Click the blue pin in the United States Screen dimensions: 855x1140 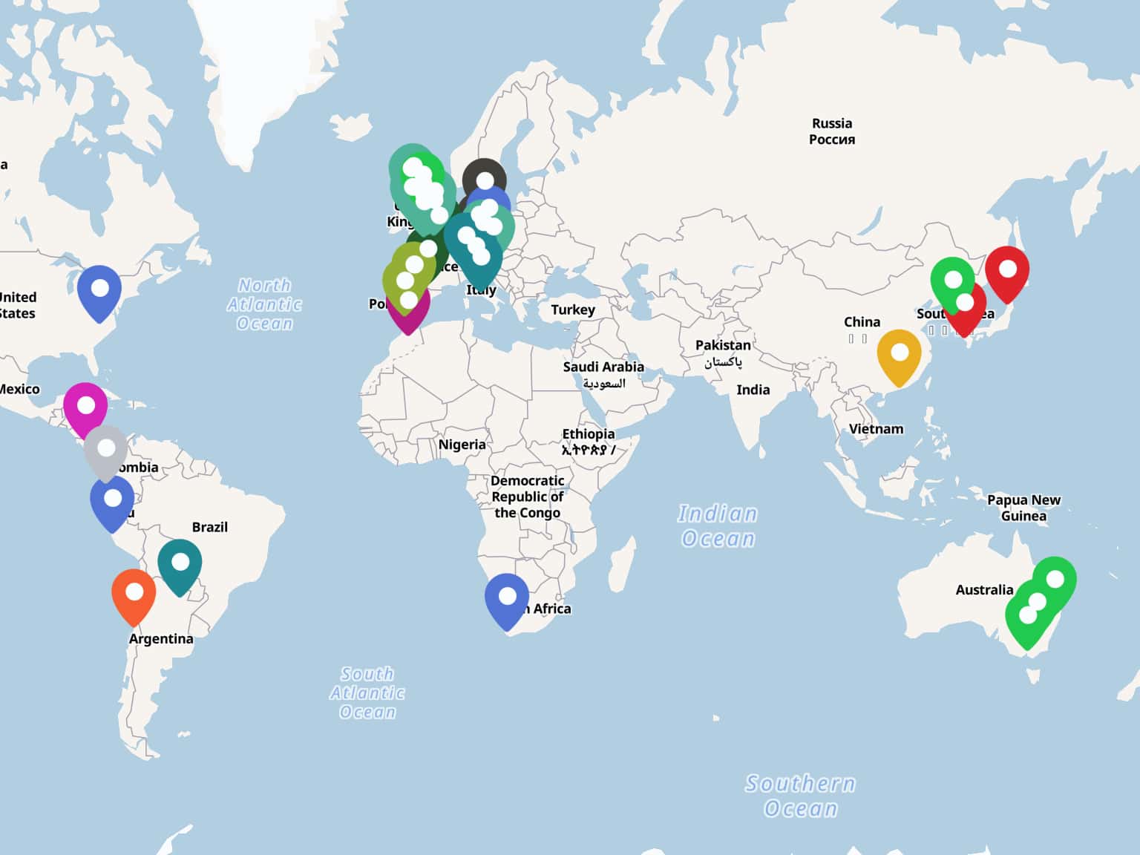(99, 290)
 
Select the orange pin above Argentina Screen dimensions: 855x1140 (134, 594)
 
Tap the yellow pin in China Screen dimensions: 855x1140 (899, 355)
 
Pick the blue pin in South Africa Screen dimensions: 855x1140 (507, 598)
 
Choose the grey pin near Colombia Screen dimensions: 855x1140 (106, 451)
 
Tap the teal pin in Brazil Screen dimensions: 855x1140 (180, 565)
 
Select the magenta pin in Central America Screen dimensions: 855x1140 (85, 407)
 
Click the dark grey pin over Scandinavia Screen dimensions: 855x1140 (485, 181)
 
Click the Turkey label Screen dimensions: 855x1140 (573, 309)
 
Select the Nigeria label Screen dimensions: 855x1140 (462, 445)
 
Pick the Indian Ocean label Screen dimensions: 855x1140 (718, 525)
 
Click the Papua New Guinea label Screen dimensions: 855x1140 (1023, 508)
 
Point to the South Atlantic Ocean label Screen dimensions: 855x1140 (367, 692)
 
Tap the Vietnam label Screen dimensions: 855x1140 (876, 429)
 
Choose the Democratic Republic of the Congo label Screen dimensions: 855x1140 (527, 497)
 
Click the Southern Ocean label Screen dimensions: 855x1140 (800, 796)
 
